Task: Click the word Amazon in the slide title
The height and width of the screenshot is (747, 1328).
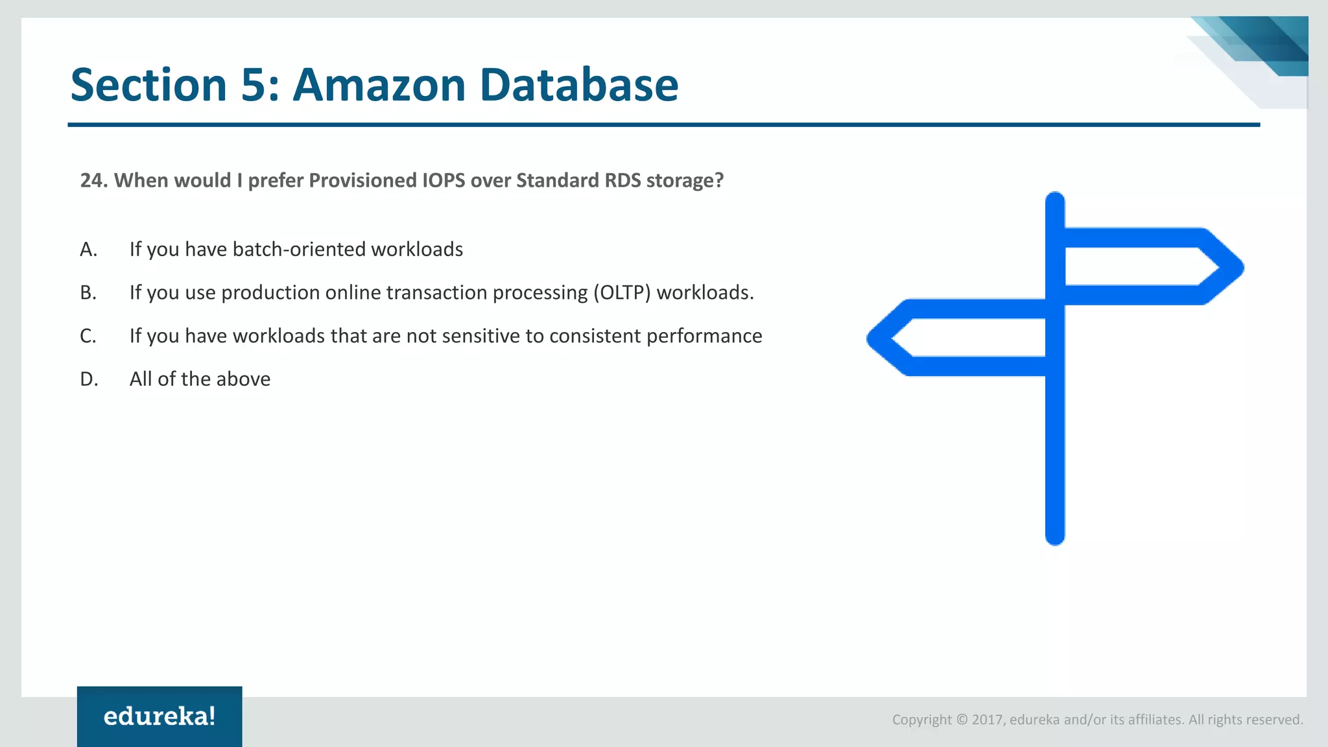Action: click(x=379, y=85)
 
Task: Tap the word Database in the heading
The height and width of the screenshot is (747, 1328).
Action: click(x=578, y=85)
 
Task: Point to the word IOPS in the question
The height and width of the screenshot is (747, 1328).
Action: click(x=444, y=180)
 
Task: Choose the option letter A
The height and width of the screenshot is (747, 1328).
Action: click(x=88, y=250)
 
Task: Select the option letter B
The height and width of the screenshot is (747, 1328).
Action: click(x=88, y=293)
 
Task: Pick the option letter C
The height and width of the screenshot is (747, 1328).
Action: click(x=88, y=336)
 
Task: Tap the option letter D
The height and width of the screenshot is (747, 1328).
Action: click(x=89, y=379)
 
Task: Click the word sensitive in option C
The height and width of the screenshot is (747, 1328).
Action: click(x=458, y=336)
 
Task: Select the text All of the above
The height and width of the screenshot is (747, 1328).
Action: click(x=200, y=379)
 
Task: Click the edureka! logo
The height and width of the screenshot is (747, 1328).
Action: click(x=160, y=717)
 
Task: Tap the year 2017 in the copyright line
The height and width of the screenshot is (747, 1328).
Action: click(x=987, y=720)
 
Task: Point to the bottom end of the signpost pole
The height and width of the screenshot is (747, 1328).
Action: click(x=1055, y=535)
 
